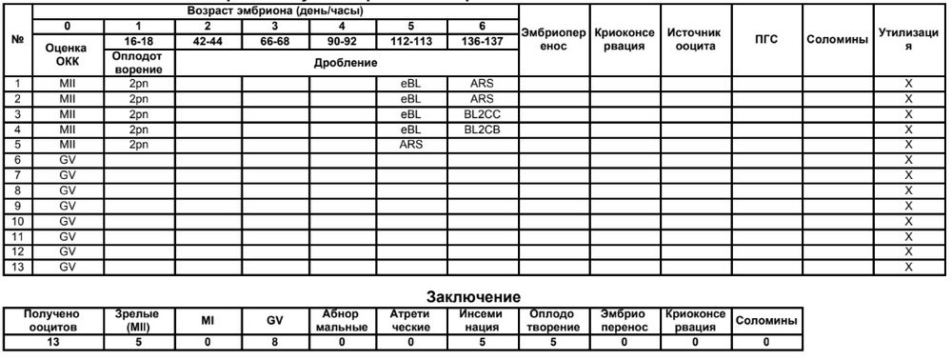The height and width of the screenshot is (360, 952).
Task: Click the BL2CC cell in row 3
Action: pyautogui.click(x=483, y=114)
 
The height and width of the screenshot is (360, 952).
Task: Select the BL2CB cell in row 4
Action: pyautogui.click(x=483, y=130)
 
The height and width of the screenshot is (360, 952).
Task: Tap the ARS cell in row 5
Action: pyautogui.click(x=412, y=145)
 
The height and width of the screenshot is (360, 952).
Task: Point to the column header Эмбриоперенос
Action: pyautogui.click(x=553, y=39)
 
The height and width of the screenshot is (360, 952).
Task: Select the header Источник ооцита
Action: pyautogui.click(x=696, y=39)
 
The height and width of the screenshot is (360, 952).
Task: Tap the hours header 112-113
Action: pyautogui.click(x=412, y=42)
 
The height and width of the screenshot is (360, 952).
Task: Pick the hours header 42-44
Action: pyautogui.click(x=208, y=42)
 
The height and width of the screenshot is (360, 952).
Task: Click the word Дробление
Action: pyautogui.click(x=347, y=62)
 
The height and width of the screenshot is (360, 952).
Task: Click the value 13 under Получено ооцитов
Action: pyautogui.click(x=52, y=341)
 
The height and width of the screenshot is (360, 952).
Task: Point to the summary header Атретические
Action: pyautogui.click(x=410, y=320)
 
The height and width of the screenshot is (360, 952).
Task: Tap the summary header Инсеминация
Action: pyautogui.click(x=482, y=320)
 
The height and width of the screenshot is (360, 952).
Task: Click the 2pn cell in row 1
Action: pyautogui.click(x=140, y=84)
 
